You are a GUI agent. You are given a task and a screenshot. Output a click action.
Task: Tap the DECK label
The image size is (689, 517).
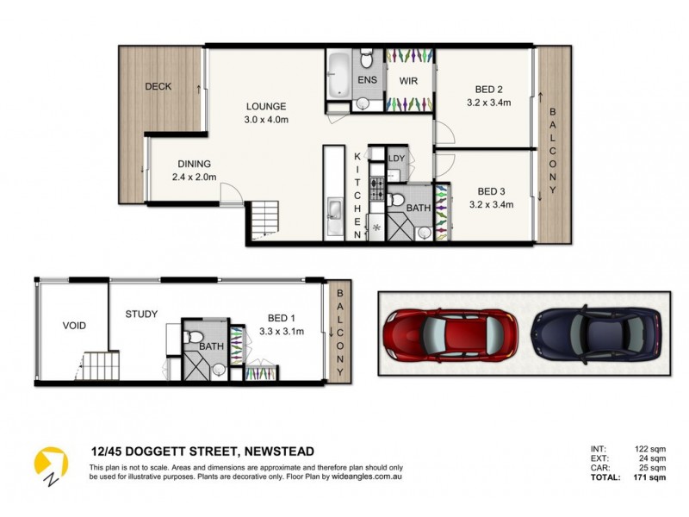158,86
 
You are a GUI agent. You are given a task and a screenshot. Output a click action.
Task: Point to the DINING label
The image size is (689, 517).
194,164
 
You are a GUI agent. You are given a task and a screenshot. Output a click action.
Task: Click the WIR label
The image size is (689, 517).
407,81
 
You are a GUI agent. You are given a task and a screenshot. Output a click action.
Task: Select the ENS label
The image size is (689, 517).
368,81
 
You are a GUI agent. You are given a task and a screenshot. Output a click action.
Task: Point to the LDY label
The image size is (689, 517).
396,159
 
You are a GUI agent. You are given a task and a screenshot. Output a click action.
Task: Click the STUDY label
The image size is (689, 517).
140,315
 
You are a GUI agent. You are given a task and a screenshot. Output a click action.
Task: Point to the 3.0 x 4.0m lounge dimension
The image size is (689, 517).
264,119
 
